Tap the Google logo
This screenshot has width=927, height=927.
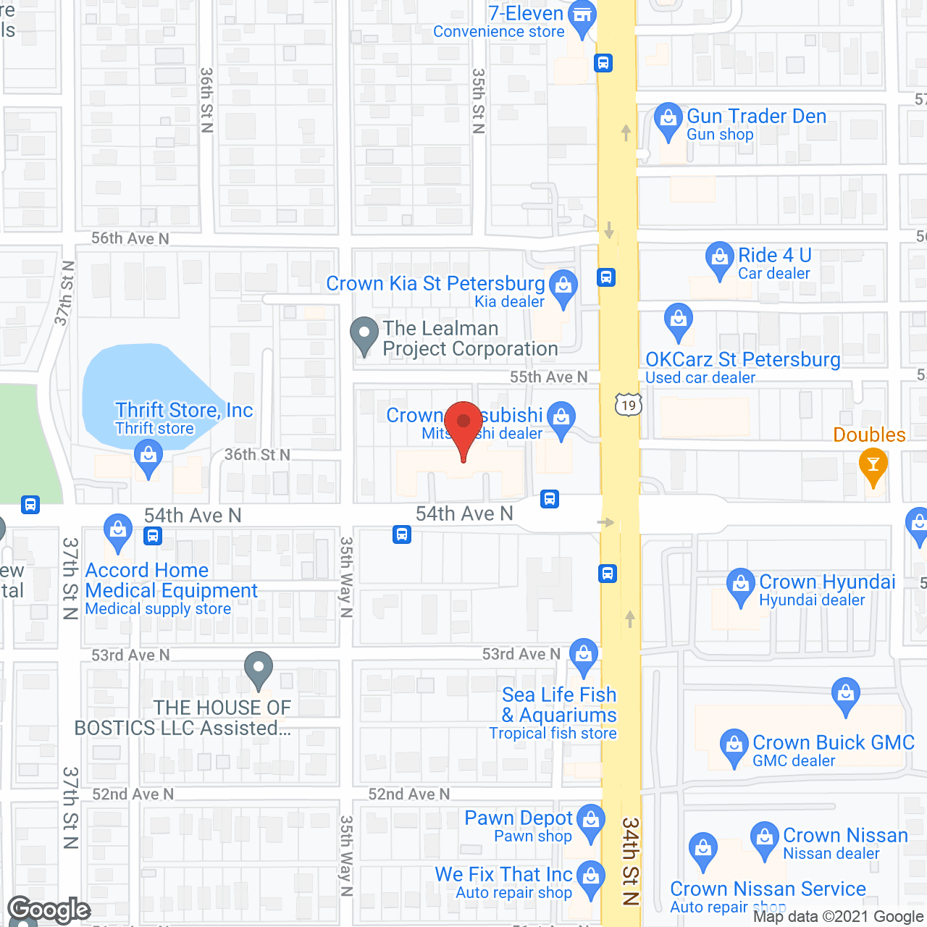point(49,910)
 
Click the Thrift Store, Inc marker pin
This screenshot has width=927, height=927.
point(148,457)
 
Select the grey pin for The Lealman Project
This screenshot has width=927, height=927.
point(364,334)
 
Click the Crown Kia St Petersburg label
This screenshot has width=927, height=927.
point(435,283)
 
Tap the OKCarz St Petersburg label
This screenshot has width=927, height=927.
point(742,360)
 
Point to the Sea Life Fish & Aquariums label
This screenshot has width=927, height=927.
point(559,705)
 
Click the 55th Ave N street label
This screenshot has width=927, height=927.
point(548,377)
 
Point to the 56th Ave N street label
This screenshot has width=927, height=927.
point(130,238)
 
